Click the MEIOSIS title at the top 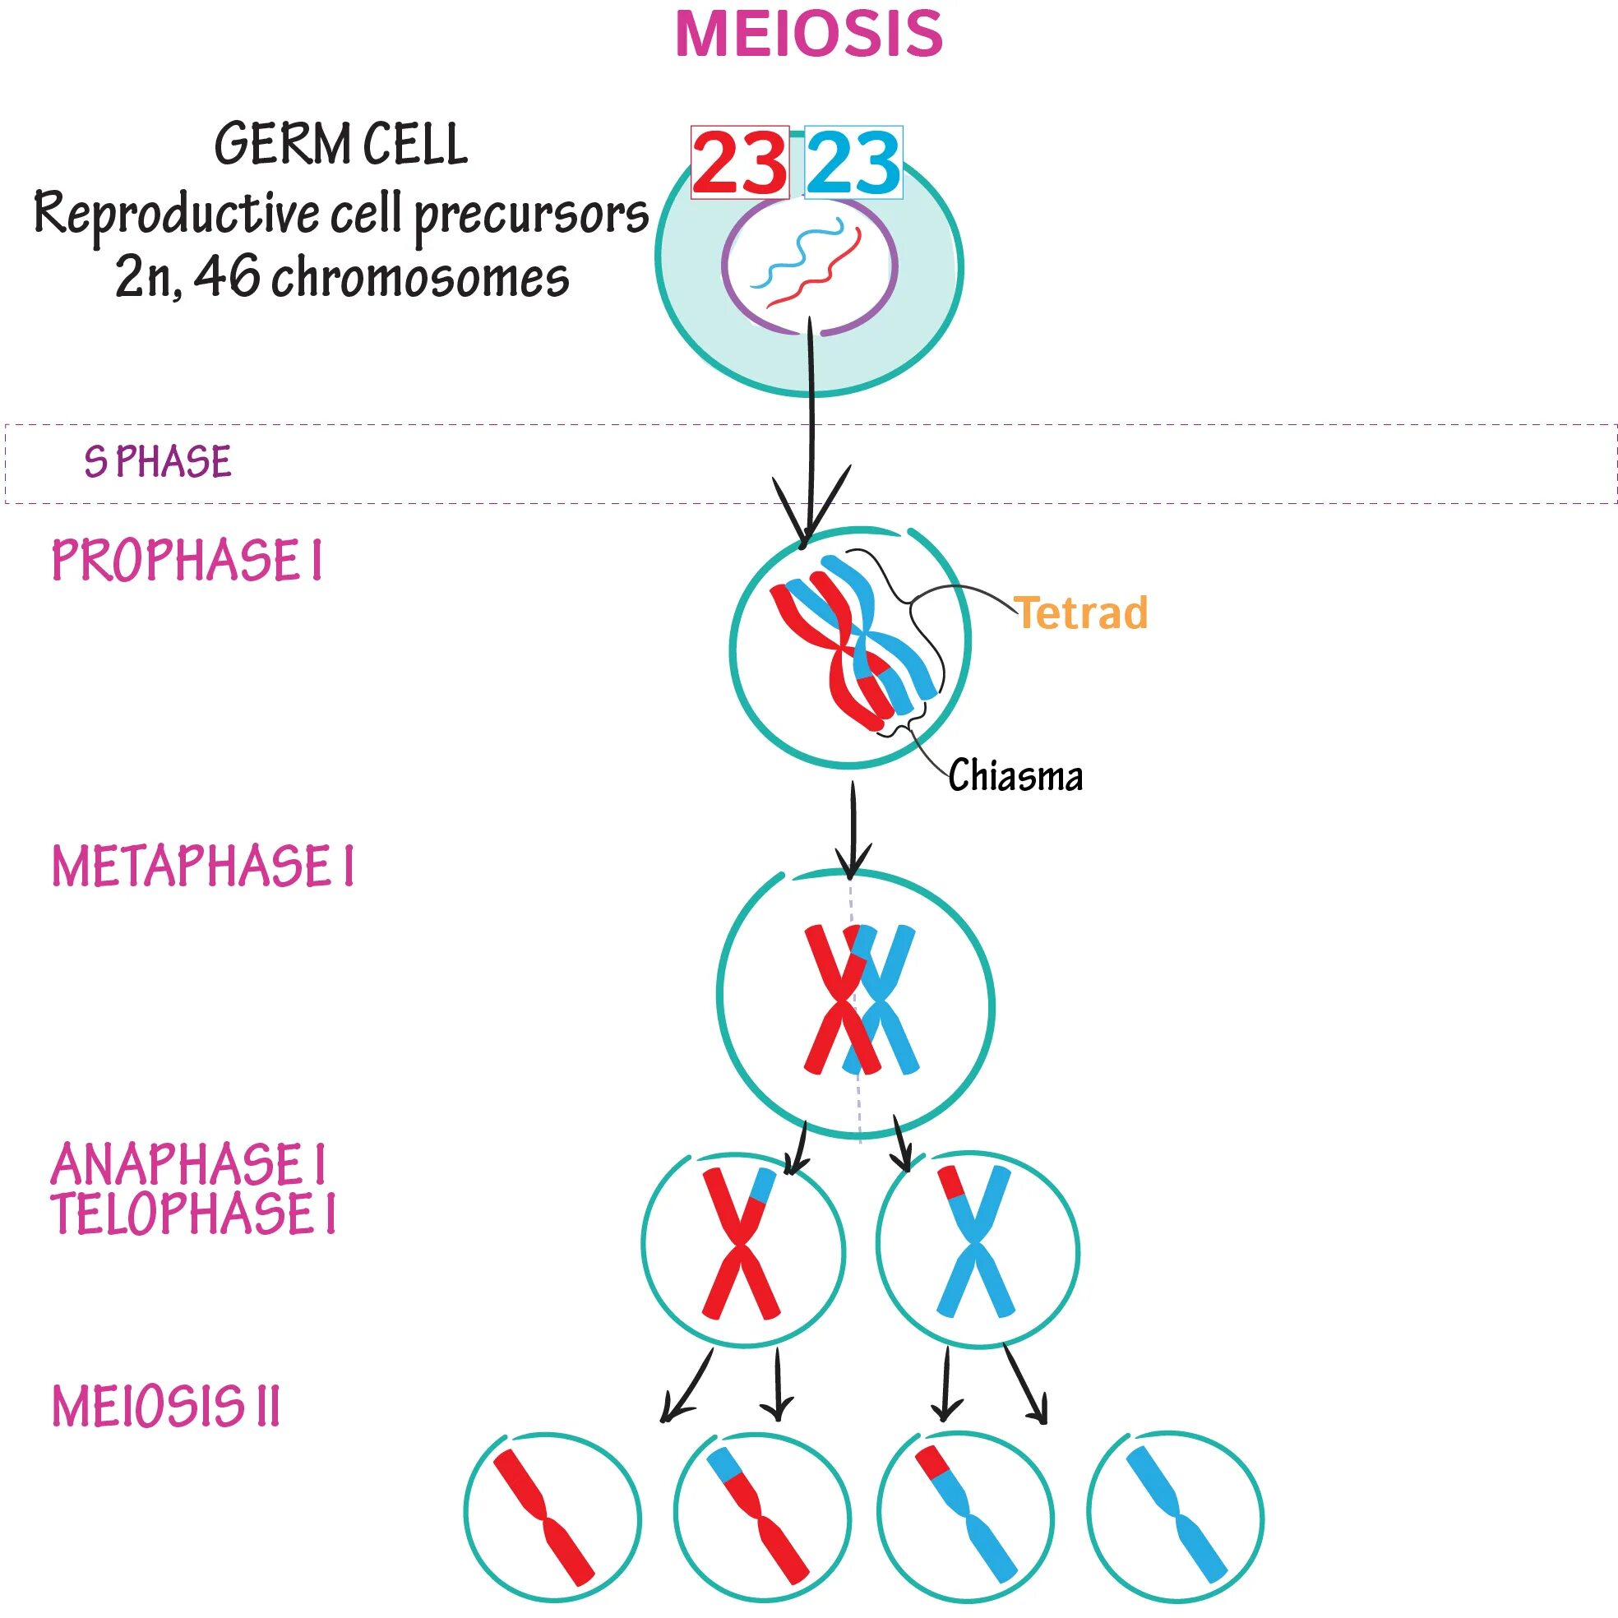coord(808,35)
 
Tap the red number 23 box coord(739,163)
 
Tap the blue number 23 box coord(853,163)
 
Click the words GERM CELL coord(341,145)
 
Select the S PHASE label coord(158,462)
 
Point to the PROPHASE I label coord(186,560)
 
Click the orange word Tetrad coord(1080,613)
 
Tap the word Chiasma coord(1015,775)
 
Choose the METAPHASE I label coord(203,866)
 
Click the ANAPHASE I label coord(187,1165)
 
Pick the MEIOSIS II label coord(166,1406)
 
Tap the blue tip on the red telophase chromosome coord(764,1183)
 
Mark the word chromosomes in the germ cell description coord(420,278)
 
